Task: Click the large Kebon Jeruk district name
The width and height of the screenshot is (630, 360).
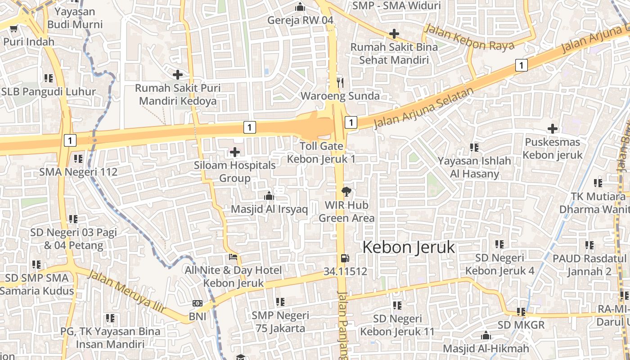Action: click(409, 247)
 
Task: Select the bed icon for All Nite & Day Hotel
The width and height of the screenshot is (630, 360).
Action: click(233, 257)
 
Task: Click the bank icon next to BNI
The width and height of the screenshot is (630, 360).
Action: click(197, 304)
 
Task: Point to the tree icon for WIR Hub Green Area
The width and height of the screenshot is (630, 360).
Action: click(346, 192)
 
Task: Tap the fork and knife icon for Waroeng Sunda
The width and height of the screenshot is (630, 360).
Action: click(340, 82)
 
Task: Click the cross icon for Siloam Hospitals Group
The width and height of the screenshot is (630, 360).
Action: click(234, 153)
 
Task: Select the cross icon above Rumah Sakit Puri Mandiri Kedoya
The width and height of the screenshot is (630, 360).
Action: click(178, 74)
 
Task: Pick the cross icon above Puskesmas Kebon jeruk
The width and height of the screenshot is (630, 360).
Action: click(552, 129)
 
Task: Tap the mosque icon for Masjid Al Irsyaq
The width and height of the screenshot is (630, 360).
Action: click(269, 196)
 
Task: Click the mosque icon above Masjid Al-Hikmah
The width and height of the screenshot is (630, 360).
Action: click(486, 336)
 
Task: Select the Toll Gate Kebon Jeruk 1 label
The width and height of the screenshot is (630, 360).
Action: click(321, 153)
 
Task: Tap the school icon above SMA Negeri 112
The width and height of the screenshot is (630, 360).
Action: click(78, 159)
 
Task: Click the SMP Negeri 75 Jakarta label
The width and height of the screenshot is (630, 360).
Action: click(280, 322)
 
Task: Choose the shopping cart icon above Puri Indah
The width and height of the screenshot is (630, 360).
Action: click(13, 29)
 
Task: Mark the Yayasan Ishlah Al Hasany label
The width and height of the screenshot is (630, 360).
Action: click(474, 167)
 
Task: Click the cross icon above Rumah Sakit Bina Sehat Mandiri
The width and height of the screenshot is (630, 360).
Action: click(394, 33)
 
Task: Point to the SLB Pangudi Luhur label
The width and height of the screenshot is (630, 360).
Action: click(49, 92)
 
